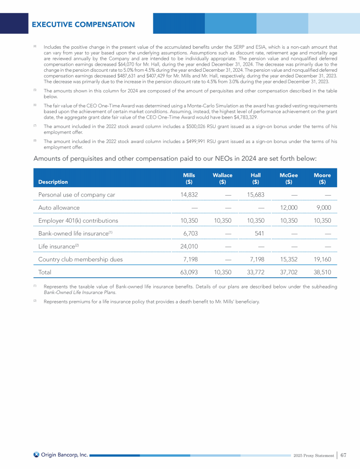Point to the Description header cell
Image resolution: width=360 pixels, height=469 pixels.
52,182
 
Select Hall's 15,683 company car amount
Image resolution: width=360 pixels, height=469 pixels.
254,195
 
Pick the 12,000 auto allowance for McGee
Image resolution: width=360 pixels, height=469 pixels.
288,208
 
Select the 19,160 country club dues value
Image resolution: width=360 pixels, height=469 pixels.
321,259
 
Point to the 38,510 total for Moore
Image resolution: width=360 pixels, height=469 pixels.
321,272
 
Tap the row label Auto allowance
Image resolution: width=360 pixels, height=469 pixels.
59,208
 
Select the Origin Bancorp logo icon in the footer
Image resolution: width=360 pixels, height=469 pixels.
36,454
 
